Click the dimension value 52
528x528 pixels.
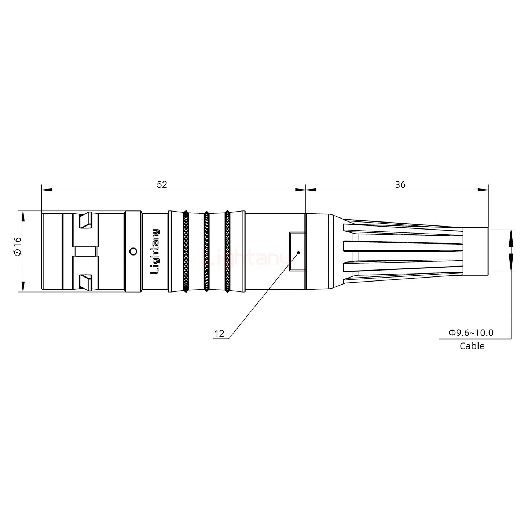162,184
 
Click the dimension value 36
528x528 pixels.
400,184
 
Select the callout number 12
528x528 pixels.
219,333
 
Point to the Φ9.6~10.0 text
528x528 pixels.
471,333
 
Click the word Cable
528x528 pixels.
472,346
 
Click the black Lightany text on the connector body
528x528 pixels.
155,252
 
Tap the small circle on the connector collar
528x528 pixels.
133,252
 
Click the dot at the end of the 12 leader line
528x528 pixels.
299,252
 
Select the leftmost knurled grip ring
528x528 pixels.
186,252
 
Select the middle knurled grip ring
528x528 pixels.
206,252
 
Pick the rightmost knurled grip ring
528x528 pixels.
227,252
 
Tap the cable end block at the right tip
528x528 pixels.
475,251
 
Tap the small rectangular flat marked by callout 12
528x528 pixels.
297,252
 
